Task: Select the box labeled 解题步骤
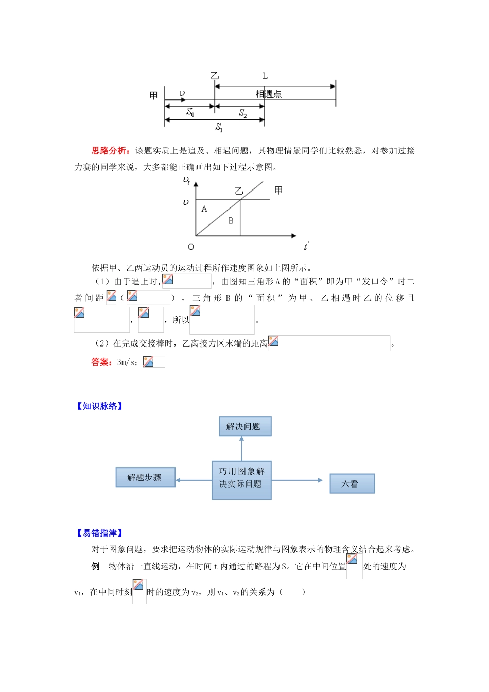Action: click(x=145, y=477)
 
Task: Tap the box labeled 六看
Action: click(x=352, y=483)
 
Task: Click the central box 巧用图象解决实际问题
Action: click(x=241, y=480)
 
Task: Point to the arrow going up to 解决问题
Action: click(x=241, y=448)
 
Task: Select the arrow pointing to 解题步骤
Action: click(x=194, y=480)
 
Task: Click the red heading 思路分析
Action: click(x=109, y=151)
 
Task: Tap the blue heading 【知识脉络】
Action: click(x=100, y=406)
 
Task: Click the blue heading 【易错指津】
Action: click(x=100, y=533)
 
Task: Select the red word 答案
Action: click(x=101, y=362)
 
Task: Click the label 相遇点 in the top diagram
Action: click(x=269, y=94)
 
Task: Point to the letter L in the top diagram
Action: click(x=265, y=76)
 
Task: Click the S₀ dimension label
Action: click(x=190, y=112)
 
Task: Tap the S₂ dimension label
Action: click(x=243, y=113)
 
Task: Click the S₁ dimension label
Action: click(x=219, y=127)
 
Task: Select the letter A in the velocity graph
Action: click(x=204, y=209)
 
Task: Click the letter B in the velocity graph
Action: click(x=231, y=220)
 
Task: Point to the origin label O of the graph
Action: click(x=191, y=247)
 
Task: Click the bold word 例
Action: click(x=95, y=566)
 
